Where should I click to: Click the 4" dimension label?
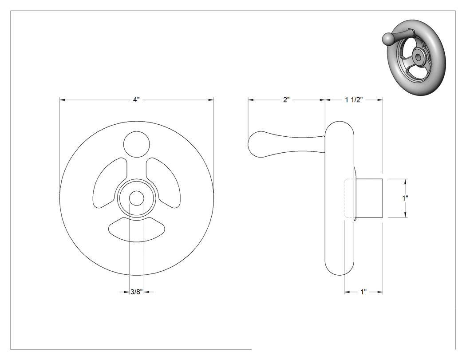[x=136, y=100]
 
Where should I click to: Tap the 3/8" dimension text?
[x=137, y=292]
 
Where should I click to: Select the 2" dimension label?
[x=286, y=100]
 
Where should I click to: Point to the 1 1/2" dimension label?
[x=354, y=100]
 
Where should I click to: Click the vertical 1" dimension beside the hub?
[x=405, y=198]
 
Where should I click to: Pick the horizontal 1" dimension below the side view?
[x=363, y=292]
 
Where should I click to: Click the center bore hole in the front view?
[x=136, y=198]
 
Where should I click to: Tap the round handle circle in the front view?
[x=136, y=144]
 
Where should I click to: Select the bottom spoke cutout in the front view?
[x=137, y=229]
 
